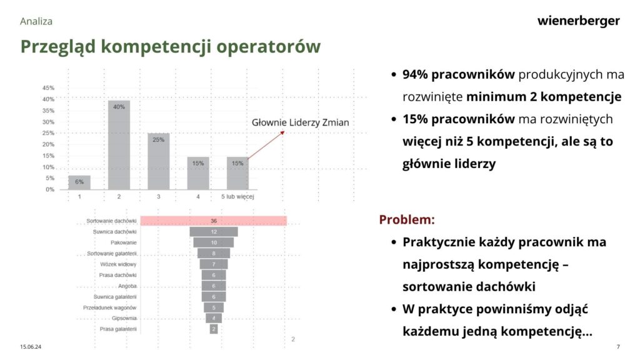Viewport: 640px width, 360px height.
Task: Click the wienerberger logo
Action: point(578,21)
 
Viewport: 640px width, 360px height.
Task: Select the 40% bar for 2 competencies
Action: point(119,145)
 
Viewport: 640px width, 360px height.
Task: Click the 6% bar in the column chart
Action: point(79,182)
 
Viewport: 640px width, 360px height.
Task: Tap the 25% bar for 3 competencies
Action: point(158,161)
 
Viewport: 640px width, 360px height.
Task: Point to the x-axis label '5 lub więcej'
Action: point(237,197)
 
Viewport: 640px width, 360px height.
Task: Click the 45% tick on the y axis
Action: point(48,87)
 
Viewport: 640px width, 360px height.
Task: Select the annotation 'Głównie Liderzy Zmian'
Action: point(301,122)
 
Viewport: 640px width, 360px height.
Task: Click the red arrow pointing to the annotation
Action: point(266,145)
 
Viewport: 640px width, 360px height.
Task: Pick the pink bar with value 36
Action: point(214,221)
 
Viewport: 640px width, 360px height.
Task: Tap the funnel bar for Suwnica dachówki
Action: point(214,232)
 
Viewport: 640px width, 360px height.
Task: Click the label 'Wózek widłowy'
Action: point(118,264)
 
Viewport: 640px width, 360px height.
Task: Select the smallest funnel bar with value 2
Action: point(214,329)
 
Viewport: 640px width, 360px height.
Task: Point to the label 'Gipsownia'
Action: point(124,318)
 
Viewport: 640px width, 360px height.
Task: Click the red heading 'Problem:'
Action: point(407,219)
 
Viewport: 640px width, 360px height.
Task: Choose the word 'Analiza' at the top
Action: point(36,21)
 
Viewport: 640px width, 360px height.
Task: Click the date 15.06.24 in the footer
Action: point(31,347)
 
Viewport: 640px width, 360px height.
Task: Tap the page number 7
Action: point(618,347)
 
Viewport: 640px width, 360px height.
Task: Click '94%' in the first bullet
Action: point(415,74)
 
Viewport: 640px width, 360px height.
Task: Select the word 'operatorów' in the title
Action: point(268,46)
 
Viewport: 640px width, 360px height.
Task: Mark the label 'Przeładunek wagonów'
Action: point(110,307)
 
